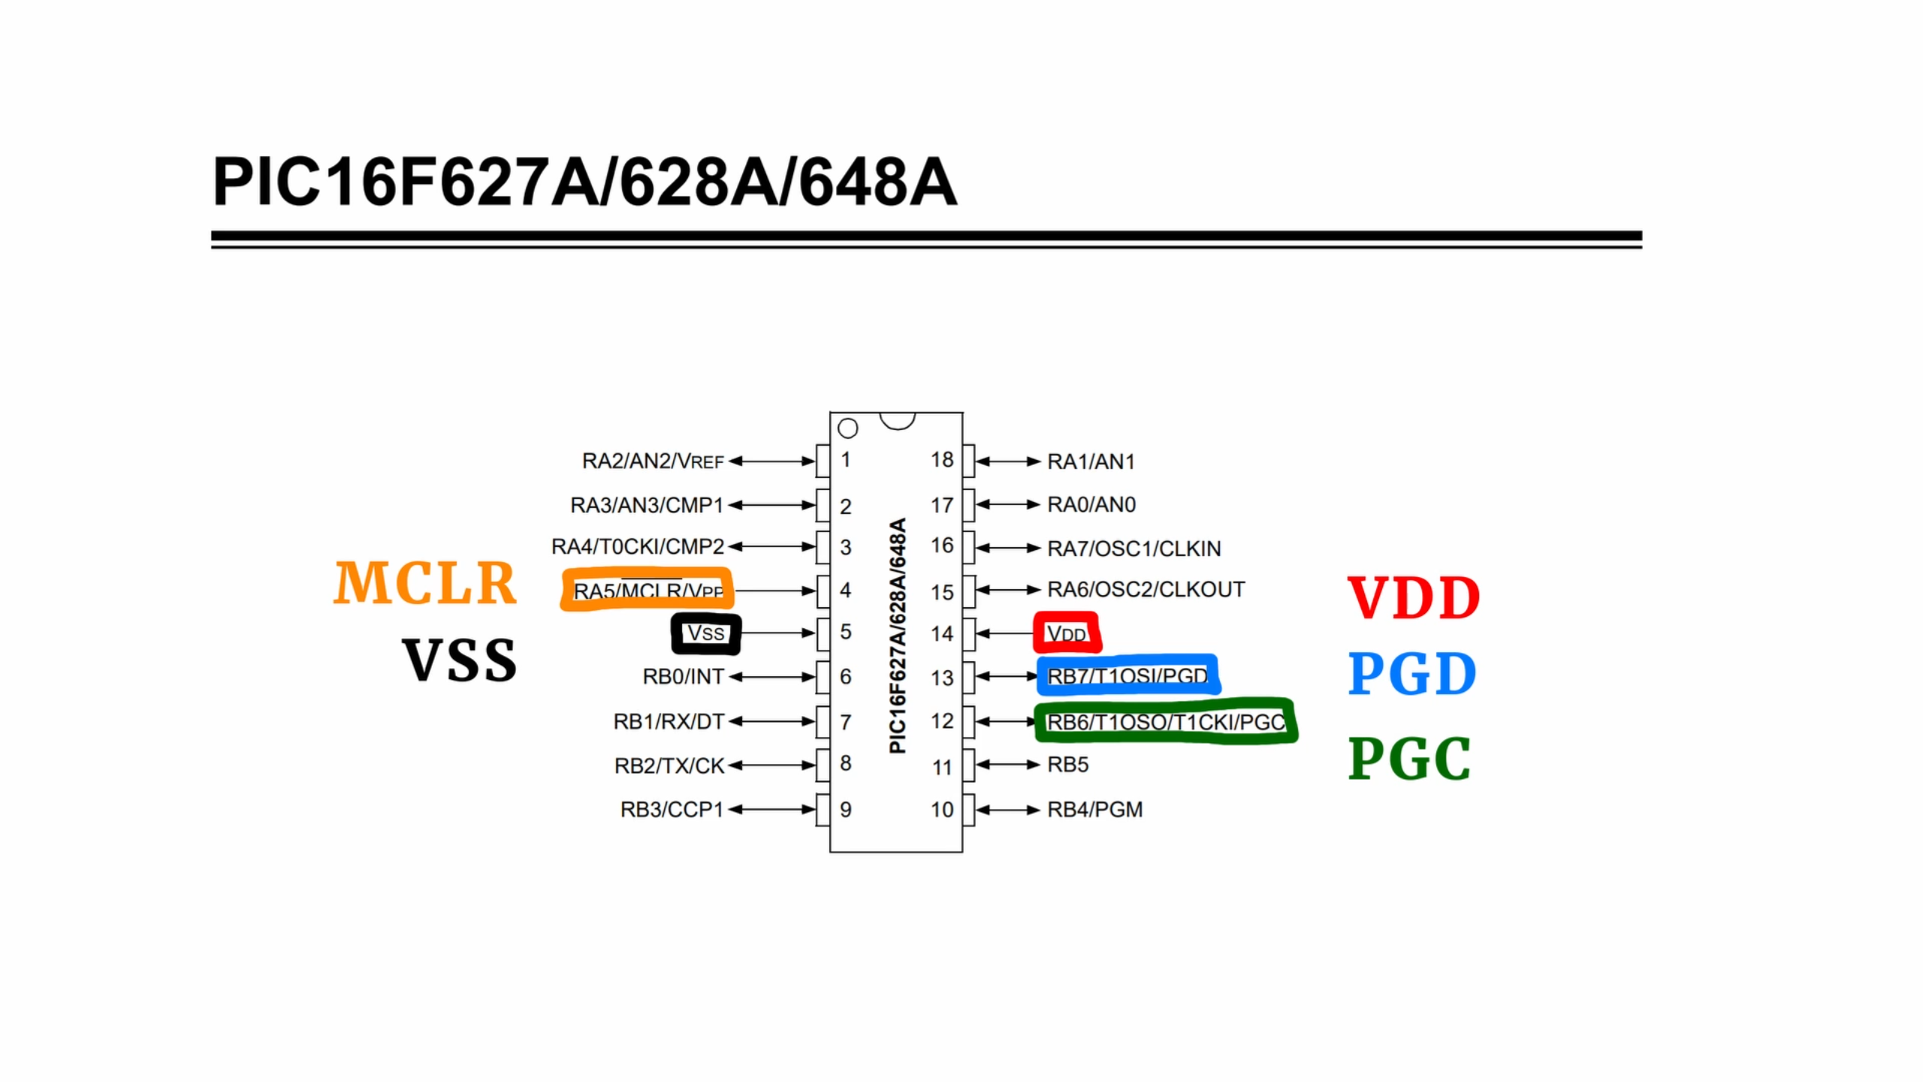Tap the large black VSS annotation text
click(459, 660)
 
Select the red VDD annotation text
click(1413, 598)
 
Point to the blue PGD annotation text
click(1411, 673)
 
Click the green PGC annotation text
click(1408, 758)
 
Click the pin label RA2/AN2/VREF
click(652, 461)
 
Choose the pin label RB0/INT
click(682, 677)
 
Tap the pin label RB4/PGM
click(1094, 809)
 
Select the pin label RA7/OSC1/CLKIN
click(1134, 549)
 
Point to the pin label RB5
click(1067, 764)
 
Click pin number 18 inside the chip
click(942, 460)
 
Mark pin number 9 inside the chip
click(846, 809)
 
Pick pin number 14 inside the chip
click(942, 633)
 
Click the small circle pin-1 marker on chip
click(848, 428)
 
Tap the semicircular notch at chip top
click(897, 419)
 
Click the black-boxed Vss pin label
click(706, 633)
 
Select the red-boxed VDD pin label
click(1067, 633)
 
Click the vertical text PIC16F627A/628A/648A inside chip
click(898, 635)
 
